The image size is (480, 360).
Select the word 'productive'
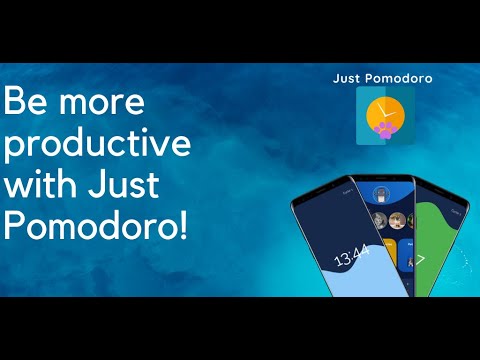click(x=97, y=146)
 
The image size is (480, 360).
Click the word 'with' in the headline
click(x=47, y=185)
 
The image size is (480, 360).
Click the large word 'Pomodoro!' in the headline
click(x=95, y=226)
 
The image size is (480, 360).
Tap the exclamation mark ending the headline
click(x=183, y=225)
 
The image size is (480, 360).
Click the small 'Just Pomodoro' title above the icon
click(x=383, y=77)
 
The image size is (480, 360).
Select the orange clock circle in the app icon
click(x=384, y=111)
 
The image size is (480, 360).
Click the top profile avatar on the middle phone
click(x=380, y=193)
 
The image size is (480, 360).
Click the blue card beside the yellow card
click(x=407, y=250)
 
